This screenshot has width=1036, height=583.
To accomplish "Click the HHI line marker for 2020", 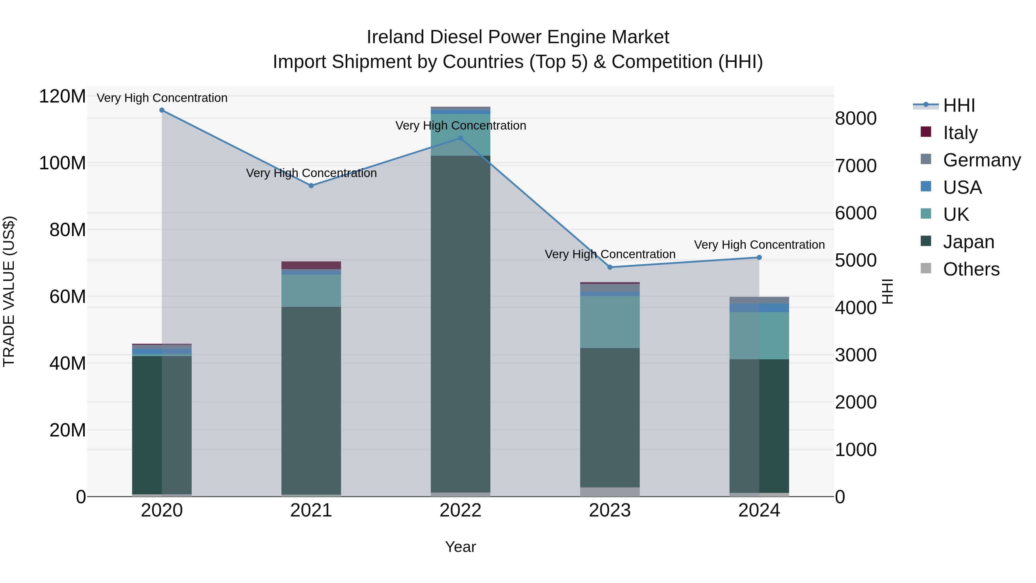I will (x=162, y=110).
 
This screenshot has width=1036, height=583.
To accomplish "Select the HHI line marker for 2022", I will (x=460, y=138).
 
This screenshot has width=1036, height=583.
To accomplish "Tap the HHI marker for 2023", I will (x=610, y=267).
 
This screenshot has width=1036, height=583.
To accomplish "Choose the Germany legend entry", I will (x=981, y=160).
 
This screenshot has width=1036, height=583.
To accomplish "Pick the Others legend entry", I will (x=971, y=269).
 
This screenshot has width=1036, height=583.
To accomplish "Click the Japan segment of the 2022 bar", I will (x=460, y=322).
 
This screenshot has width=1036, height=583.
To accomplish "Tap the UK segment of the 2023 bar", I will (x=610, y=322).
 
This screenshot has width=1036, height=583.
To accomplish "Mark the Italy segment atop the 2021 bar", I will (x=311, y=265).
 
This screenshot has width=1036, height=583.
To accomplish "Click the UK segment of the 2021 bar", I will (x=311, y=290).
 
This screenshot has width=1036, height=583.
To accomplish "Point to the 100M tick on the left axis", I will (x=62, y=163).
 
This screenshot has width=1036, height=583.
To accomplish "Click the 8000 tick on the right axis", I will (x=856, y=118).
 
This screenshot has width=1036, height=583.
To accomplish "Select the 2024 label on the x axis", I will (x=759, y=510).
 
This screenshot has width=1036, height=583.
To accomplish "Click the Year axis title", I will (x=460, y=547).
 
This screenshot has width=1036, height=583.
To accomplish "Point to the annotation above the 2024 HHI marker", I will (x=759, y=245).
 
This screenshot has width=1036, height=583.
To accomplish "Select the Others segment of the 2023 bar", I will (x=610, y=492).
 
